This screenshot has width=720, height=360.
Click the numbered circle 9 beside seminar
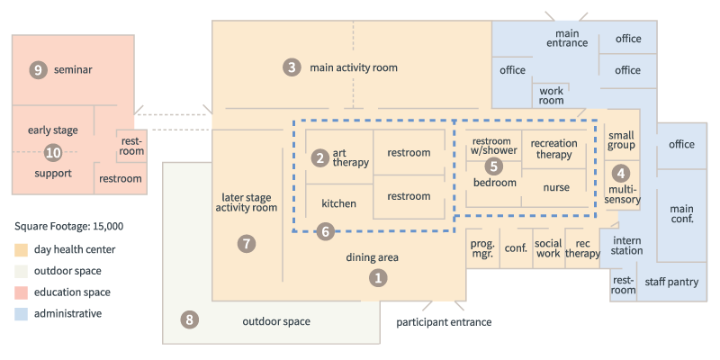coord(38,70)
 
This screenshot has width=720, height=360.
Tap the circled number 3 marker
coord(292,68)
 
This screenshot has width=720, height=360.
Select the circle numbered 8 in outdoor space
coord(189,320)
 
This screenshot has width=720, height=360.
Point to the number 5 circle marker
coord(493,166)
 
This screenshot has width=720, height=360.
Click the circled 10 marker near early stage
coord(53,152)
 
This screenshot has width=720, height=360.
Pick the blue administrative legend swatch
coord(21,314)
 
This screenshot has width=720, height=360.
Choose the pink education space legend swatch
coord(21,292)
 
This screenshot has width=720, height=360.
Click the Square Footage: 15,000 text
coord(69,227)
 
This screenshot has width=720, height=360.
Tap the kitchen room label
coord(339,203)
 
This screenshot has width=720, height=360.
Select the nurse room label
coord(556,187)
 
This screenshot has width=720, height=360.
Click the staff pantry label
coord(671,282)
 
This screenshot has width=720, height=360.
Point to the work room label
coord(552,95)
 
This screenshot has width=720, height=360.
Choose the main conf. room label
coord(682,214)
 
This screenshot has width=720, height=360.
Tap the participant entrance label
coord(444,322)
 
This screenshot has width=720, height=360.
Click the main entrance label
coord(567,38)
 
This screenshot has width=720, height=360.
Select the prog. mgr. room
coord(482,248)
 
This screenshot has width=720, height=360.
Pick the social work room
coord(548,248)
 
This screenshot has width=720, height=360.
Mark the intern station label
coord(626,246)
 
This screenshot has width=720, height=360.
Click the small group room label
coord(621,140)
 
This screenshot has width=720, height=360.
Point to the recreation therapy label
coord(553,148)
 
